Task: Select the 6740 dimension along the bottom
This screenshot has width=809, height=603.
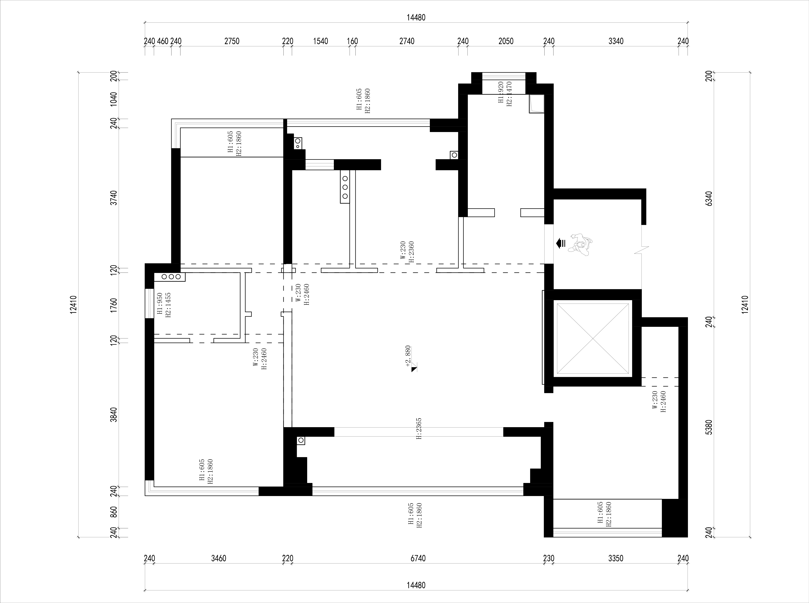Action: pos(418,558)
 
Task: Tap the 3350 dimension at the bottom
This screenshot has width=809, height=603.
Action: pos(616,558)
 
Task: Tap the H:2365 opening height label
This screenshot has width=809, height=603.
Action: pos(419,429)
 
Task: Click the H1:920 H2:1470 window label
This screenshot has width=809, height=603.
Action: pos(505,93)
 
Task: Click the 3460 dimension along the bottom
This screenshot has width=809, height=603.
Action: pos(219,558)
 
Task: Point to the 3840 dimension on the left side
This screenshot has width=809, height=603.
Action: pos(114,415)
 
